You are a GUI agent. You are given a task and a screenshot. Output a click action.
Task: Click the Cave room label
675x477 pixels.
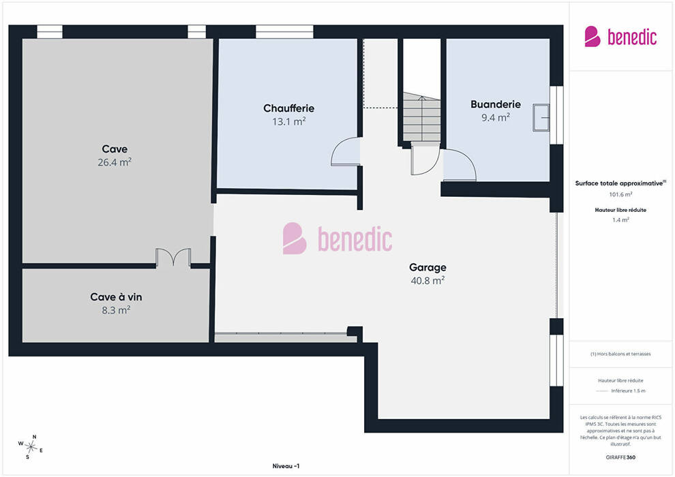115,149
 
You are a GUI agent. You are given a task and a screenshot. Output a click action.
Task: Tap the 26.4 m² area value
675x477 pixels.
115,162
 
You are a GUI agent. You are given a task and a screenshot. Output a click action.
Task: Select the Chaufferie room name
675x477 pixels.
289,108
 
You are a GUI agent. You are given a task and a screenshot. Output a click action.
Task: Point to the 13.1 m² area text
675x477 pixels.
289,121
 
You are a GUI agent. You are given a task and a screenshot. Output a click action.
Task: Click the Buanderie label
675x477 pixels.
496,104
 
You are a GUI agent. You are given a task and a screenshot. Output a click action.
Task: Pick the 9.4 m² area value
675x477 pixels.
496,117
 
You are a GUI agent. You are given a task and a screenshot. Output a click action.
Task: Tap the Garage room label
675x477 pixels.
427,268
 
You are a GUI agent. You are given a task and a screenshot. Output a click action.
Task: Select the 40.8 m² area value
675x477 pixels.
427,281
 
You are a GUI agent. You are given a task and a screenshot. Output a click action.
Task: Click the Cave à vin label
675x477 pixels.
116,297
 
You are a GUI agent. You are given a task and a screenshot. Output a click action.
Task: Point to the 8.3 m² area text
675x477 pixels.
116,310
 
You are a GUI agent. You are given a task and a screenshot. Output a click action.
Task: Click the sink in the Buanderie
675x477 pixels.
541,117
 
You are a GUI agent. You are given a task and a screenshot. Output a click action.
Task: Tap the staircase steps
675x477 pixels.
422,119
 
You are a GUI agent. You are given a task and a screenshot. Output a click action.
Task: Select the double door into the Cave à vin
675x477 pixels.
173,258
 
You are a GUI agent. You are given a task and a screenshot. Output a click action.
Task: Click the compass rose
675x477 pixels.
30,447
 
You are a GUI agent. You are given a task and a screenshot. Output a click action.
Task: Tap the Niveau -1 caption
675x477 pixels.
286,466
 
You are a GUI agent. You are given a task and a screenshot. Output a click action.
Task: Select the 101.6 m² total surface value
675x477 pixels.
620,194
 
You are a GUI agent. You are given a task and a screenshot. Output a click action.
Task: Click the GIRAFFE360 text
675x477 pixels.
620,457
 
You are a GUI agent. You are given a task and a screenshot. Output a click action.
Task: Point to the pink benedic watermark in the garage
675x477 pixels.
337,238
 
